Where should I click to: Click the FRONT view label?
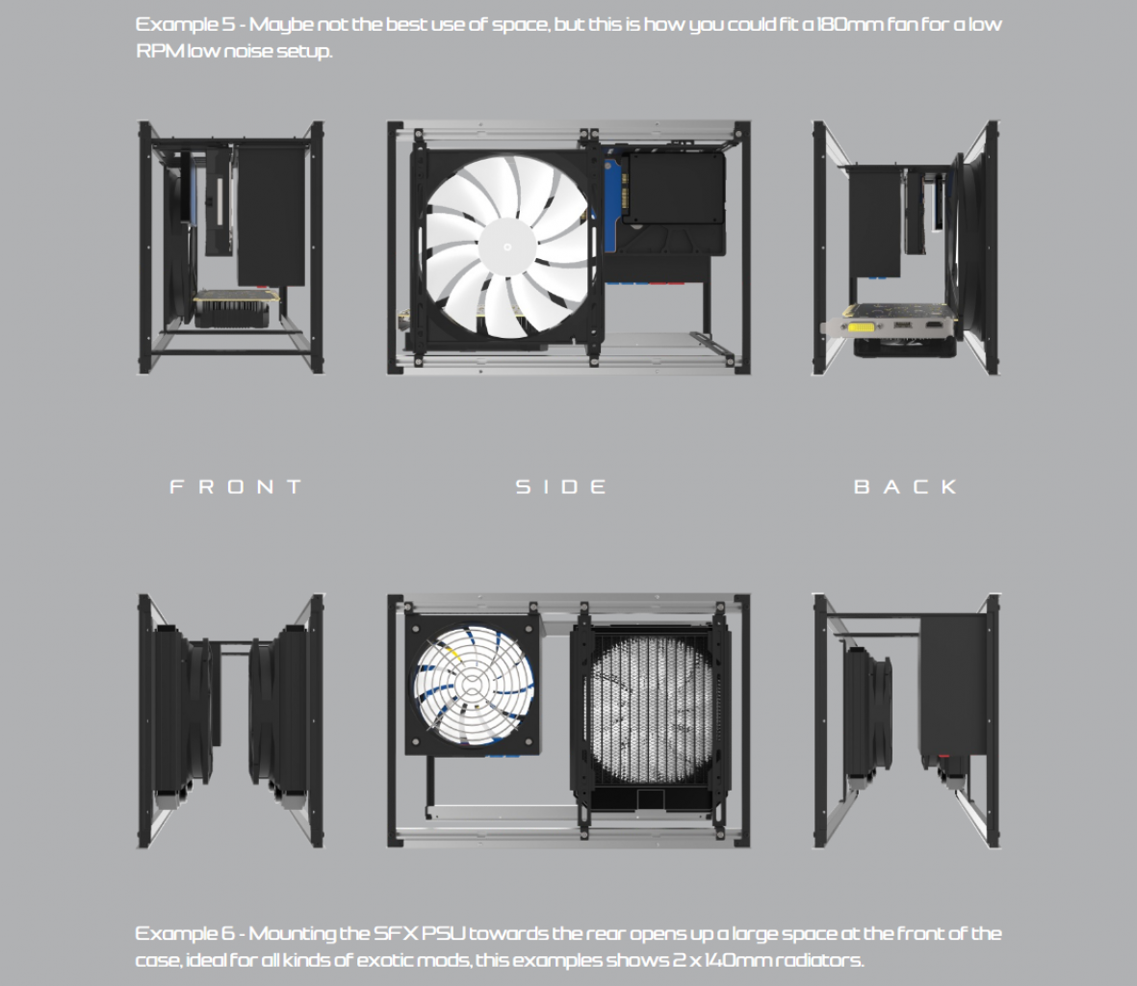pos(236,486)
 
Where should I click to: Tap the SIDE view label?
pos(561,486)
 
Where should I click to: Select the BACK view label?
pos(906,486)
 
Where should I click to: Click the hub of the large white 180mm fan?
pos(507,247)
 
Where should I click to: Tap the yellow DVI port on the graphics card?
pos(866,327)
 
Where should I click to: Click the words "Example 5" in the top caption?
pos(186,25)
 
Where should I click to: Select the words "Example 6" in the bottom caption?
pos(186,933)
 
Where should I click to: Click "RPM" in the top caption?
pos(160,51)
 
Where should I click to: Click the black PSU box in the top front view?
pos(271,216)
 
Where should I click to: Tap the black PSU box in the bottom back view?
pos(953,687)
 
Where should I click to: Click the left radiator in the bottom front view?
pos(181,711)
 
